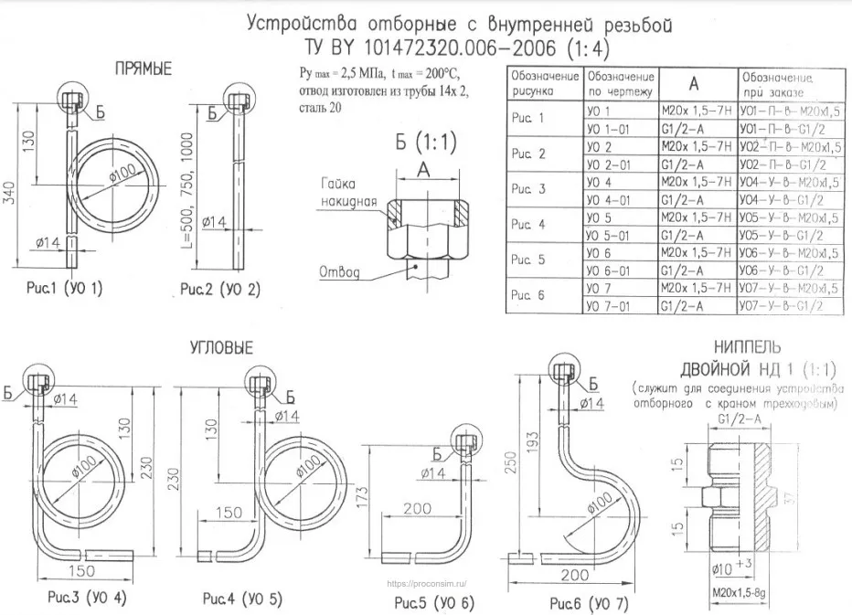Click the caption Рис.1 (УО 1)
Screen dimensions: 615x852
64,290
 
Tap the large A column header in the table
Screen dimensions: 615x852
693,83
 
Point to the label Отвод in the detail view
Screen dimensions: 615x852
340,272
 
